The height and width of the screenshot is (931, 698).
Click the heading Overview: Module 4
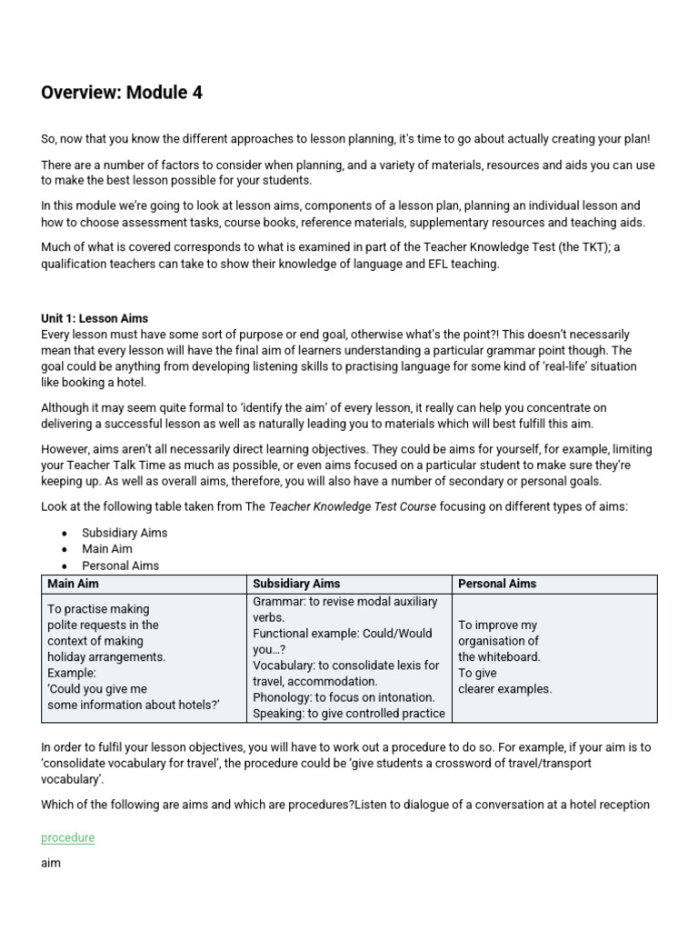122,92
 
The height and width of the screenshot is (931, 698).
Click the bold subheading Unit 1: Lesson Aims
95,318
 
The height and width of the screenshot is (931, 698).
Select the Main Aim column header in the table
73,584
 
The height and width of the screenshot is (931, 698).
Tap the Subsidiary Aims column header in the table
296,584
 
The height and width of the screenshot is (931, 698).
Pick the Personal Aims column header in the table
497,584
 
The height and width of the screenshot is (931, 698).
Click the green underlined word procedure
67,837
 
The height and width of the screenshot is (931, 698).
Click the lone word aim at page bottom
51,862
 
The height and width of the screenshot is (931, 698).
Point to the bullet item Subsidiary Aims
125,533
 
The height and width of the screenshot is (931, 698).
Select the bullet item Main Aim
107,549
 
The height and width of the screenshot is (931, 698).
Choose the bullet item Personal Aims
120,566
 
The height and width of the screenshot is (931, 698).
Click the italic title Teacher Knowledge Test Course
353,506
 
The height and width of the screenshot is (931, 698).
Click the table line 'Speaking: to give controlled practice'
349,713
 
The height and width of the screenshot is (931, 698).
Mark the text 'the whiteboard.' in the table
499,656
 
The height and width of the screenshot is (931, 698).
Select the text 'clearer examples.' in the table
504,689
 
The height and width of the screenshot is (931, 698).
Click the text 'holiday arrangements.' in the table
106,656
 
